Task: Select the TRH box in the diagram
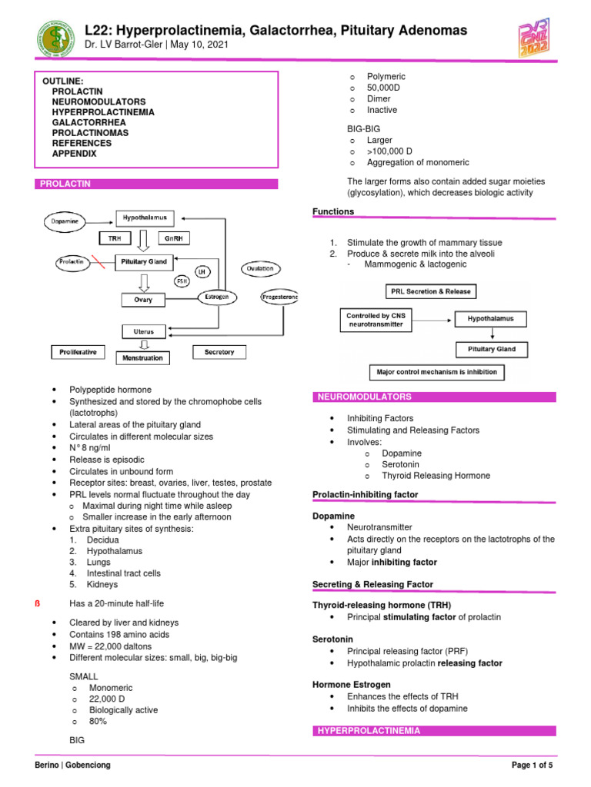115,239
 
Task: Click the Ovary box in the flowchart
143,299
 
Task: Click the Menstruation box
143,357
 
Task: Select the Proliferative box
78,352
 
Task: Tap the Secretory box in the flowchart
219,352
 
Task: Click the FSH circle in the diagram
182,281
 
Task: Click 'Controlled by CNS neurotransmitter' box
375,319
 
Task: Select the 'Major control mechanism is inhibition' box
436,373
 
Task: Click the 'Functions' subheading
333,211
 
